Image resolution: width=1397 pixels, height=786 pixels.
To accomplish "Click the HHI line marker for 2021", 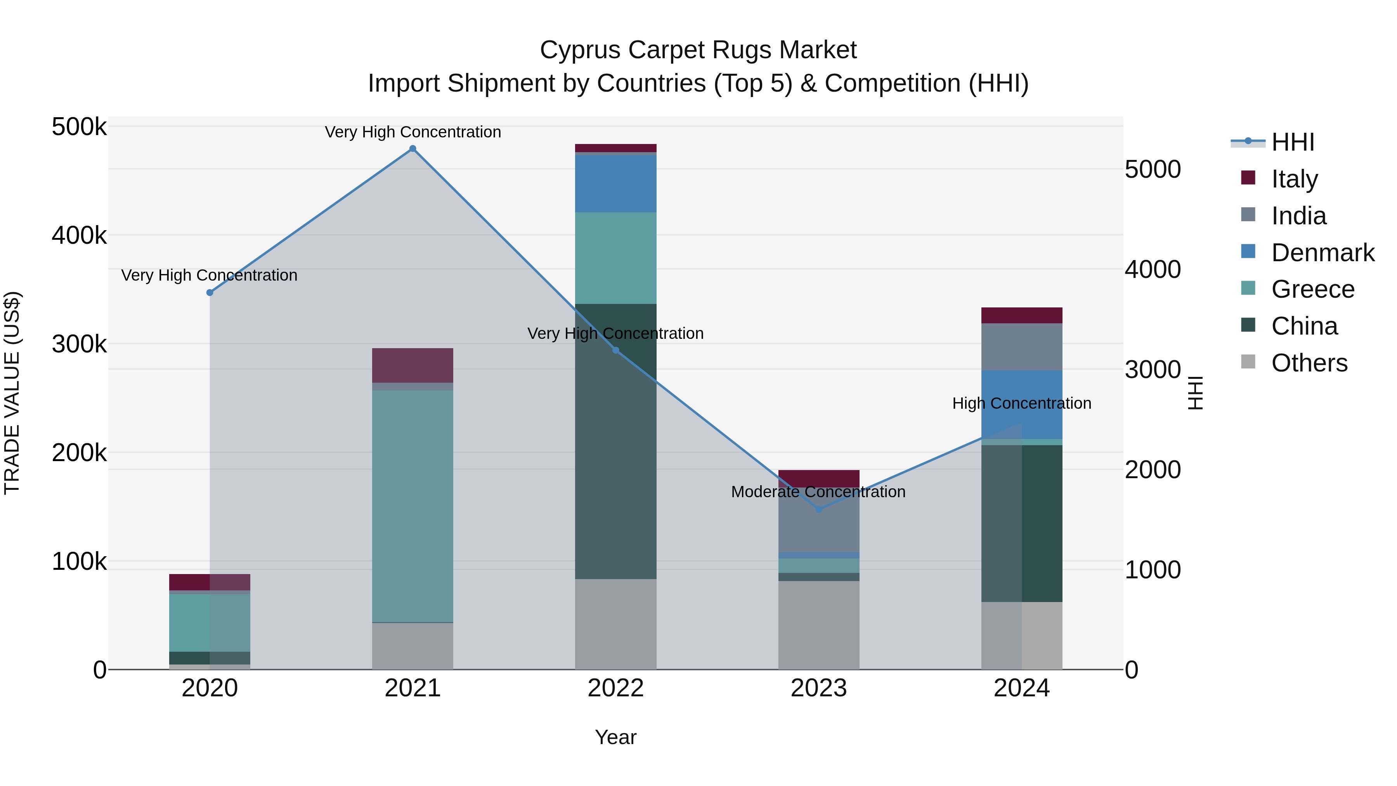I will (413, 149).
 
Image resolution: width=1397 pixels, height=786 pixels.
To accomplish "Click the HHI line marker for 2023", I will (819, 509).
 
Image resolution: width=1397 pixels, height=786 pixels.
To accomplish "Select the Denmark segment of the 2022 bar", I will (615, 183).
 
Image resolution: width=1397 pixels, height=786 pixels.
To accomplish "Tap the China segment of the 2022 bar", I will (615, 441).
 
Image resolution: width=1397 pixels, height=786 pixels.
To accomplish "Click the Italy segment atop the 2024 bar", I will (1022, 315).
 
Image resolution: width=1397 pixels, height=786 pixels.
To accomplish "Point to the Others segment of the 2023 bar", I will (819, 625).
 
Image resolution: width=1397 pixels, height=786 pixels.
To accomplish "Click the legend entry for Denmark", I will (1322, 253).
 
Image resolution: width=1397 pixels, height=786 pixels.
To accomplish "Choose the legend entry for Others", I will (1309, 363).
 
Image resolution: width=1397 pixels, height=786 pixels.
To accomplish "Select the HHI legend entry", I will (1292, 142).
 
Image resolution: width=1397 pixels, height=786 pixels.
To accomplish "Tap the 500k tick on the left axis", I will (79, 127).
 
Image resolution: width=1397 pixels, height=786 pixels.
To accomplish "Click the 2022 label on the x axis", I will (615, 688).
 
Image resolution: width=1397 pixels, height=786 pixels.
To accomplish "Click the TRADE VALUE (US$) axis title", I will (12, 393).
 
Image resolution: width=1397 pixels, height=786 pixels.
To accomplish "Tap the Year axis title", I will (615, 737).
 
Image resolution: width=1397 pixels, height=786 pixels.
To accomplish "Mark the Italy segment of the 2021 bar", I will (413, 365).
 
